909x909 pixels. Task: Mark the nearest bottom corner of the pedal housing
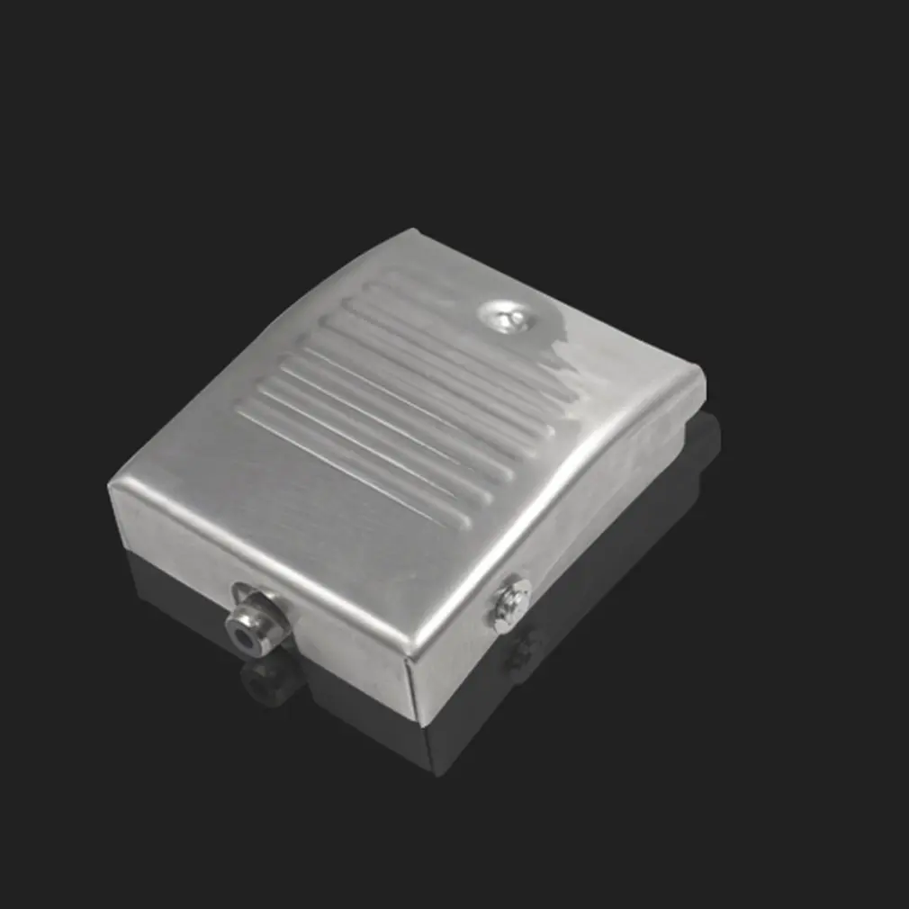[x=416, y=719]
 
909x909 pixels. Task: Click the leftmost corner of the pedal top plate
[x=110, y=487]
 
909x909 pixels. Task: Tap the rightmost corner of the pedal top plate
[x=702, y=372]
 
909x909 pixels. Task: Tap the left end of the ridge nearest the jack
[x=241, y=415]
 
